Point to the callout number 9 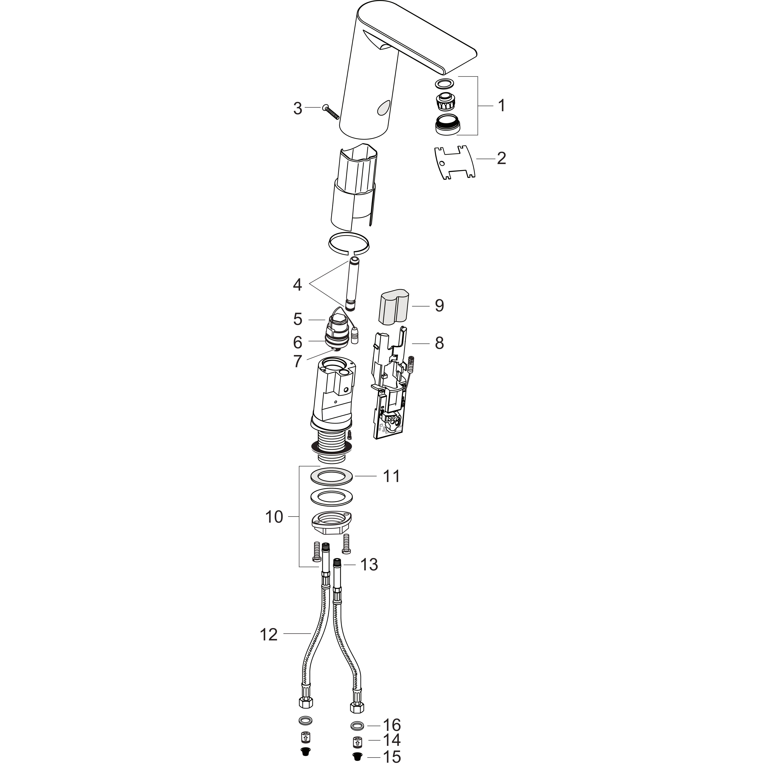tap(439, 305)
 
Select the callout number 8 tap(439, 343)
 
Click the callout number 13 tap(369, 564)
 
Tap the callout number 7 tap(298, 361)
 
